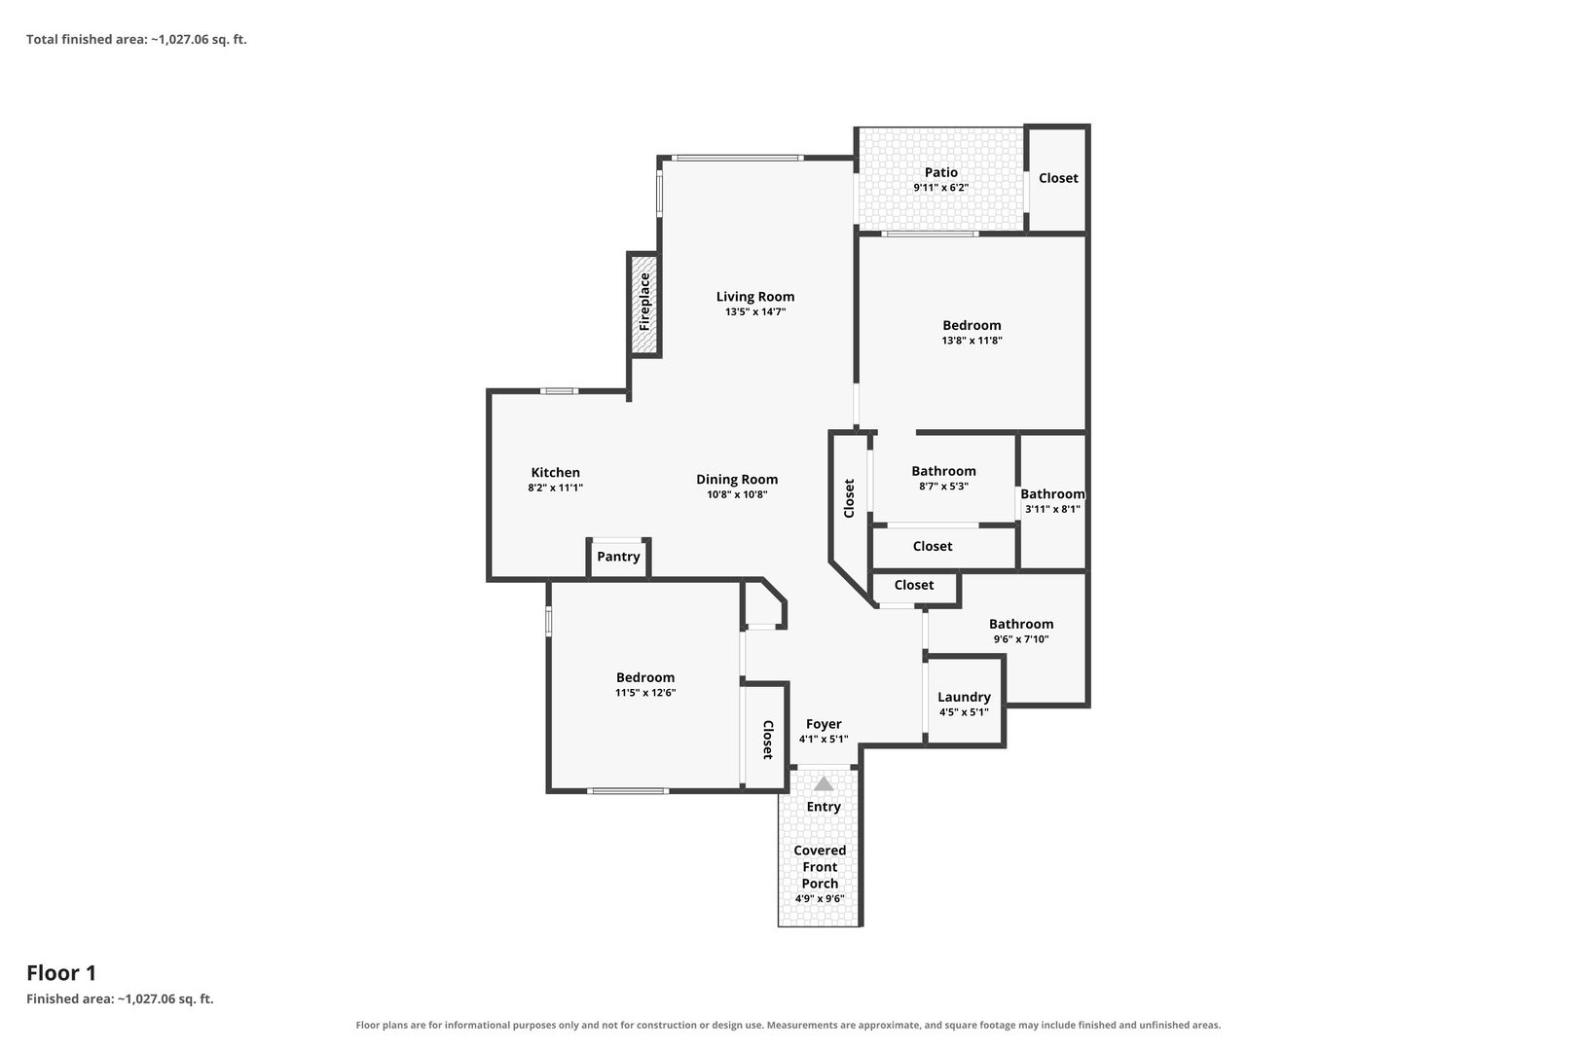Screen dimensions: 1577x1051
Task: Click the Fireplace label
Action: pos(644,302)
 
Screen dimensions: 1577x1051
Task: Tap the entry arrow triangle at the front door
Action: pos(823,784)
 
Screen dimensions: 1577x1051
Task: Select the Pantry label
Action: pos(618,556)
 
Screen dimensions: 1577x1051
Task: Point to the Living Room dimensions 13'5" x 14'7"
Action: pos(755,311)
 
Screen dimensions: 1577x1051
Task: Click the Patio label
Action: pos(941,172)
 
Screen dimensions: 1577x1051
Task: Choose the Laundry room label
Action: pos(964,697)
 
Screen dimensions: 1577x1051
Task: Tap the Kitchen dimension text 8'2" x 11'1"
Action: pos(556,488)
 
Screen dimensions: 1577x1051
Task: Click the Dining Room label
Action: pos(737,480)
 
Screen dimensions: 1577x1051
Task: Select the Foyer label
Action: pos(824,724)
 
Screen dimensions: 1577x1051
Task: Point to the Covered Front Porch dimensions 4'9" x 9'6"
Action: pos(821,898)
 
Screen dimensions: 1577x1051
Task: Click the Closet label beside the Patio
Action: pos(1058,178)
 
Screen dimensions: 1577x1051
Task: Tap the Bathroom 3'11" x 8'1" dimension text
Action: pos(1052,509)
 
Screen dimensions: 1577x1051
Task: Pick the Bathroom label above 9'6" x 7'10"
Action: pos(1021,624)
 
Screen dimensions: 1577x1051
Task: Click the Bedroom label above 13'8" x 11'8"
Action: pos(972,325)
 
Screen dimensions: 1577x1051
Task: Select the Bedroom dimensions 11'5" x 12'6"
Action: pos(645,693)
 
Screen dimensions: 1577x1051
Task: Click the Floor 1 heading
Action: pos(61,973)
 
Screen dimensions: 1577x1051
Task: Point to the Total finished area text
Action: pos(136,40)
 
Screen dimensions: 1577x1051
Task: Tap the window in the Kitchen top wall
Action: pos(560,391)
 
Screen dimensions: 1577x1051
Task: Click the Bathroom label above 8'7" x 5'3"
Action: pos(943,471)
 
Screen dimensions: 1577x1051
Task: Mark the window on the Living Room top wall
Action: pos(737,159)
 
